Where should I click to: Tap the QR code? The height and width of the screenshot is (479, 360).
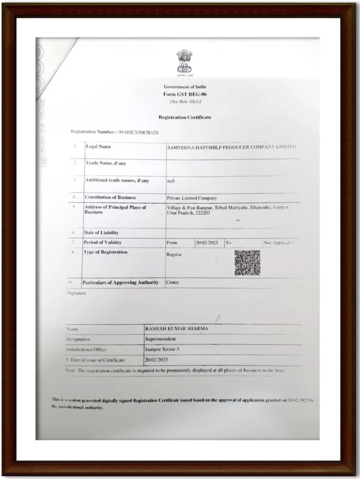(247, 262)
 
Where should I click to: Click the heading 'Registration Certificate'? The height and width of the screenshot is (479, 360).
(184, 117)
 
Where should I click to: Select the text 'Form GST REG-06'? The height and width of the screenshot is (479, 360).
(184, 94)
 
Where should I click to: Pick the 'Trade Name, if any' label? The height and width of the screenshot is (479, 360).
(105, 163)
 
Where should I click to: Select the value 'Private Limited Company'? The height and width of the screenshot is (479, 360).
(192, 198)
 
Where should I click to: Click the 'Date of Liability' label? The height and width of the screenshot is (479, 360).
(101, 232)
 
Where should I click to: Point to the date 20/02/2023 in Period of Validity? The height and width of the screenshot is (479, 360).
(207, 243)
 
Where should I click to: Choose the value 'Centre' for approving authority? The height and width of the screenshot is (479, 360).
(173, 282)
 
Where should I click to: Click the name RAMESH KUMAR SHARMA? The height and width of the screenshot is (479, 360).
(176, 329)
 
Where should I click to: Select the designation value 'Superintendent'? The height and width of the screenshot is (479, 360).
(161, 339)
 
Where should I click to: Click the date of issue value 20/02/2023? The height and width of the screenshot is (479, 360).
(156, 360)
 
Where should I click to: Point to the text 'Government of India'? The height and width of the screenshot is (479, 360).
(184, 87)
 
